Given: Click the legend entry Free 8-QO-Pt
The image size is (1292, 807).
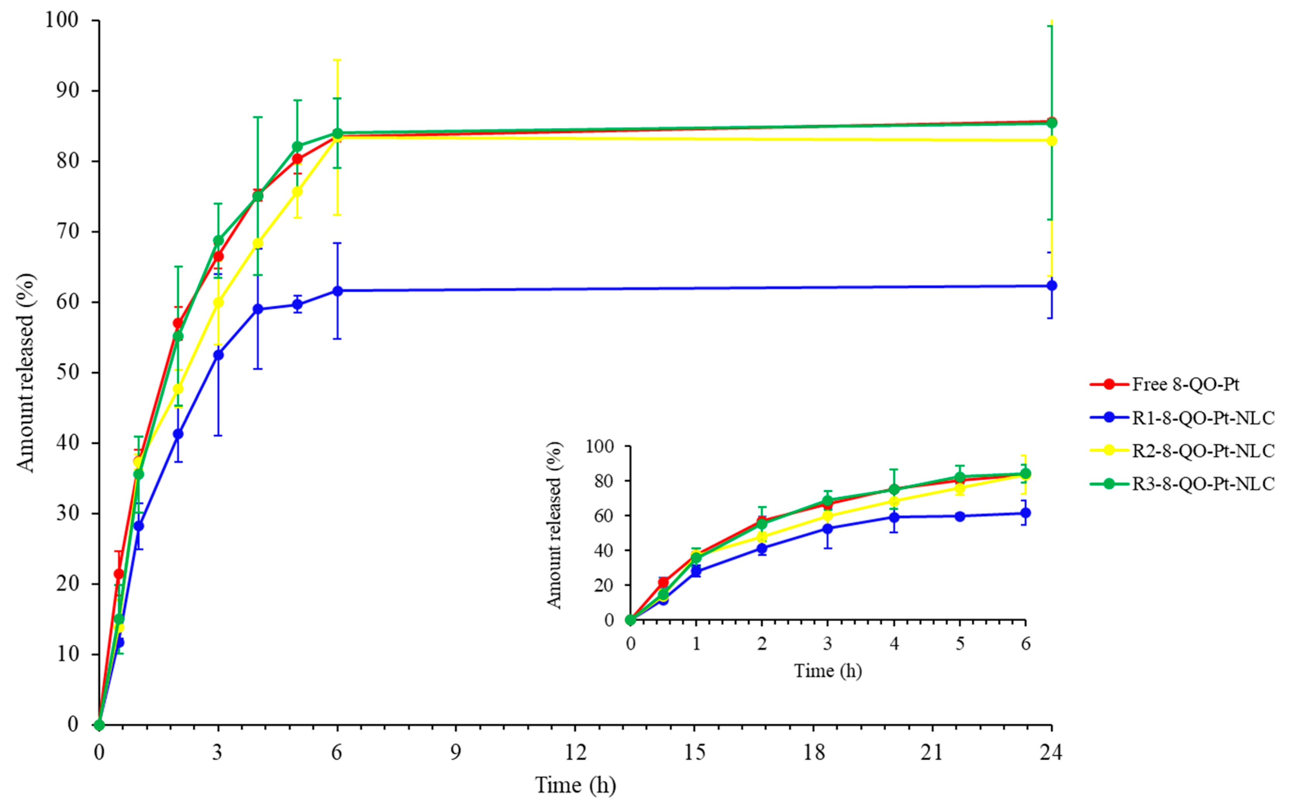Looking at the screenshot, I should click(1185, 384).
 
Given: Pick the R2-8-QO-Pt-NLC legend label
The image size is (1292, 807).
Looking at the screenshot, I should click(1203, 451).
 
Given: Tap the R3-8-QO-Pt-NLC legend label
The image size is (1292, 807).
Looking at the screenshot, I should click(1203, 484).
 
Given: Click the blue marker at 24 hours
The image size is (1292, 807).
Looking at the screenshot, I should click(1052, 286).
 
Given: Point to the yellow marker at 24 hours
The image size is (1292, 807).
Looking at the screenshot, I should click(1052, 141).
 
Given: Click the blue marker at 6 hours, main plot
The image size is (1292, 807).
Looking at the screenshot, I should click(337, 291).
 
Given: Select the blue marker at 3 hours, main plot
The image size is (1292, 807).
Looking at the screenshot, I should click(218, 355).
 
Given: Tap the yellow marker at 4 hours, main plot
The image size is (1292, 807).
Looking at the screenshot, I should click(258, 243).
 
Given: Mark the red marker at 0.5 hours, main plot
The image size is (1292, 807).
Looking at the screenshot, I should click(119, 574).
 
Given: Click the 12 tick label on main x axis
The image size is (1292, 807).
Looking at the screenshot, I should click(575, 752).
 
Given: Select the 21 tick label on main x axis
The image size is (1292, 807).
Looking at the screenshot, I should click(932, 752).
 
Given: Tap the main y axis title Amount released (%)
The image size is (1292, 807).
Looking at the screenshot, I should click(25, 373).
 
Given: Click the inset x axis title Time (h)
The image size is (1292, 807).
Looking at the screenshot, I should click(828, 671).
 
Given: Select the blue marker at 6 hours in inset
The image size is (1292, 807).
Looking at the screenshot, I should click(1025, 513).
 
